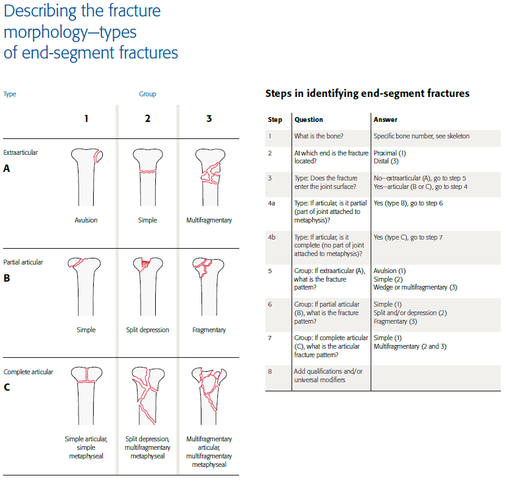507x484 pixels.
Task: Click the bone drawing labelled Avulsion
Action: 86,180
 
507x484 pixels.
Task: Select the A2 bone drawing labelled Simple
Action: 147,180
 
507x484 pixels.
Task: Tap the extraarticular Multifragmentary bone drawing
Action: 209,180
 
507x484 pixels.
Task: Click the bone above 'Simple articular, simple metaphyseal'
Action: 86,396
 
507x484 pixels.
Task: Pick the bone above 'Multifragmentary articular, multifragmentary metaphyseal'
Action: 209,396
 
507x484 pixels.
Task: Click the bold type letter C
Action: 7,386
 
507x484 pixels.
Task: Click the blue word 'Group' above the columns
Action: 147,94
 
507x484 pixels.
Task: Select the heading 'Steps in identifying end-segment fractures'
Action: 367,94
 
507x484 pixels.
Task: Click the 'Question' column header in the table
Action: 309,120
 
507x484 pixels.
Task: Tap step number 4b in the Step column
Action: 271,237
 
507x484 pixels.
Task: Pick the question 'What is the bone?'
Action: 318,136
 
